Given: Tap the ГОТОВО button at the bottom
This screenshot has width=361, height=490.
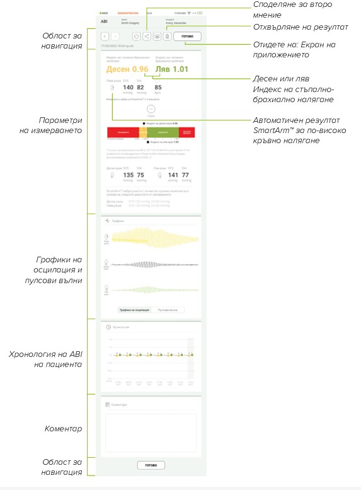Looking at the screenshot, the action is pos(151,465).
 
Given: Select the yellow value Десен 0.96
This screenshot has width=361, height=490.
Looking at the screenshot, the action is pos(127,69).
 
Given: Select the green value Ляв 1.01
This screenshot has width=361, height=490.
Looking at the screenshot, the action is pos(171,69).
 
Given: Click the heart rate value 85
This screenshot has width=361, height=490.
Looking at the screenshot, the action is pos(158,88).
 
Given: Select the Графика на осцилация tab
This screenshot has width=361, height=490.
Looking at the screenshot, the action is pos(134,310).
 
